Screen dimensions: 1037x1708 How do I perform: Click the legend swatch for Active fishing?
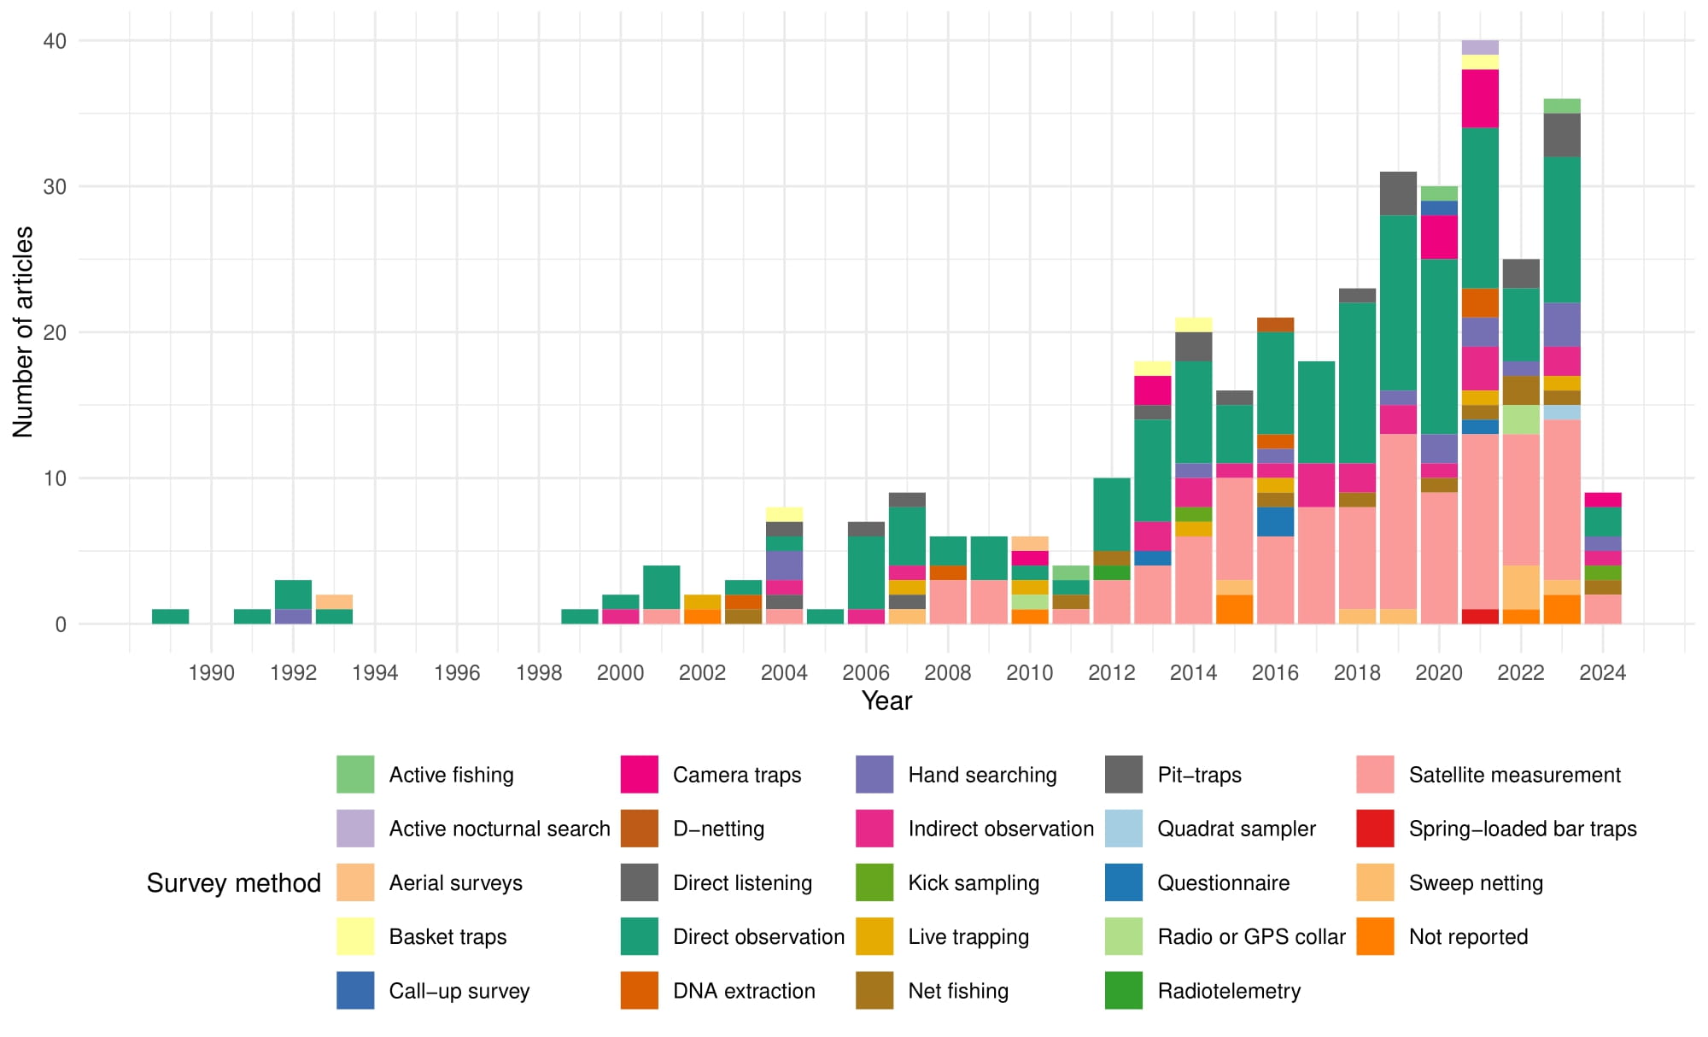tap(355, 774)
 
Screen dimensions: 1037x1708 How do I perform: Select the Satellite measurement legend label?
tap(1514, 775)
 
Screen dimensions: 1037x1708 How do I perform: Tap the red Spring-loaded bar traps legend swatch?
tap(1375, 829)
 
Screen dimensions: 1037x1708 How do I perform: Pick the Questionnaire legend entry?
tap(1223, 882)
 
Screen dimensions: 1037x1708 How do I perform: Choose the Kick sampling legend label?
tap(974, 882)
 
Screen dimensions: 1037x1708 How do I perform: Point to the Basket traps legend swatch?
tap(355, 936)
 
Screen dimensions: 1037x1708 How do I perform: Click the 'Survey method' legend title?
tap(233, 882)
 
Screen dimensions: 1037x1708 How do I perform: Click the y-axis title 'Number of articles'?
tap(23, 331)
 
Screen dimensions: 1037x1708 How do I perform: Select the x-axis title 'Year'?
tap(886, 700)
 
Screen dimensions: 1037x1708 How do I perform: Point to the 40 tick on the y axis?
tap(55, 41)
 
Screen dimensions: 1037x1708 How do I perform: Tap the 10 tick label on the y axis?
tap(55, 478)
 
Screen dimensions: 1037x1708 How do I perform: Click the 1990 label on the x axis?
tap(211, 673)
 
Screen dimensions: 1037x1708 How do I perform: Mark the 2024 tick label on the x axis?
tap(1602, 673)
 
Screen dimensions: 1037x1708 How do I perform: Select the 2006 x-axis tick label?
tap(866, 673)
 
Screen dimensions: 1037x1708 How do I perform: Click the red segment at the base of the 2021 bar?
tap(1480, 617)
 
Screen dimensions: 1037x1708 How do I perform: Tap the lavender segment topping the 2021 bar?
tap(1480, 48)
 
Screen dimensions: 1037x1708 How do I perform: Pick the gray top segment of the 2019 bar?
tap(1398, 194)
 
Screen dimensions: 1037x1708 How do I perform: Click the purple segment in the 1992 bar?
tap(293, 617)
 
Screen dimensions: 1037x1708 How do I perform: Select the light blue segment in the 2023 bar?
tap(1562, 413)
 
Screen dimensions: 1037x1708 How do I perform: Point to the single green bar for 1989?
tap(171, 617)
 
